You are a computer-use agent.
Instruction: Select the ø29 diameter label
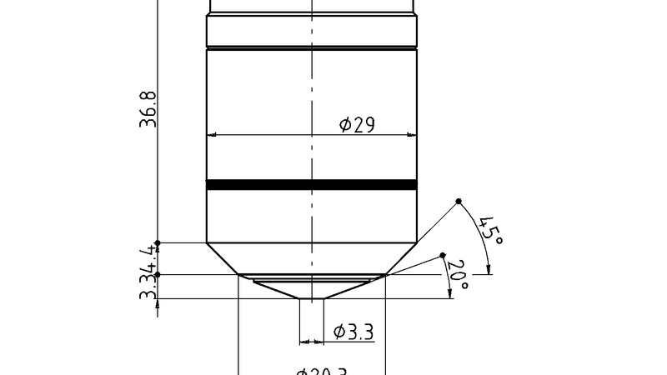click(357, 125)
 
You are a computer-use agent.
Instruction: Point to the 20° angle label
click(458, 275)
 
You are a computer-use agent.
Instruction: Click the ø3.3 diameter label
click(353, 332)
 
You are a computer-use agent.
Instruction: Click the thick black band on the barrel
click(311, 185)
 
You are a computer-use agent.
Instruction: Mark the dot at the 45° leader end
click(459, 202)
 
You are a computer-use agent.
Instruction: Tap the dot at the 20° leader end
click(443, 256)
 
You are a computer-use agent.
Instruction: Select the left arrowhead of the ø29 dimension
click(212, 134)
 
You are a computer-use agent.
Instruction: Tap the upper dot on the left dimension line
click(158, 242)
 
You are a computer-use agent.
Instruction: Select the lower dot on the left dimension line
click(158, 273)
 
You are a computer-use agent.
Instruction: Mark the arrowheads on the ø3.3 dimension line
click(311, 341)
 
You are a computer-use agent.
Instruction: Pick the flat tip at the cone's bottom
click(311, 299)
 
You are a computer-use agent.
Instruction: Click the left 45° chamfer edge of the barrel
click(223, 258)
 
